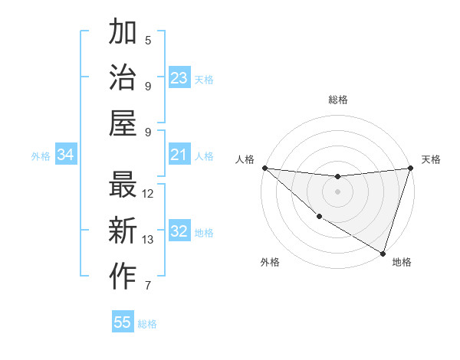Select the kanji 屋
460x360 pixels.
coord(123,123)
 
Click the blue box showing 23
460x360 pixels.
coord(179,77)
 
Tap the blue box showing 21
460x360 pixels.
coord(179,155)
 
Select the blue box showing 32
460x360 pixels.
coord(179,231)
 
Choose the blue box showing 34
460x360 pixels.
coord(66,155)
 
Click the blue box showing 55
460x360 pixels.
coord(123,322)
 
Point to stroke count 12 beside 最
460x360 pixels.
coord(149,194)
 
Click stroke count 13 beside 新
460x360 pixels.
coord(149,240)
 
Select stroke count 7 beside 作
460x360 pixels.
coord(148,286)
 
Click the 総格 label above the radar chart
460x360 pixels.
coord(338,100)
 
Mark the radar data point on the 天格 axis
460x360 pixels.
coord(410,169)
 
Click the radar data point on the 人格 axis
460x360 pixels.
coord(264,168)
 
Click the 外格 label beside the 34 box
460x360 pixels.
coord(41,156)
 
